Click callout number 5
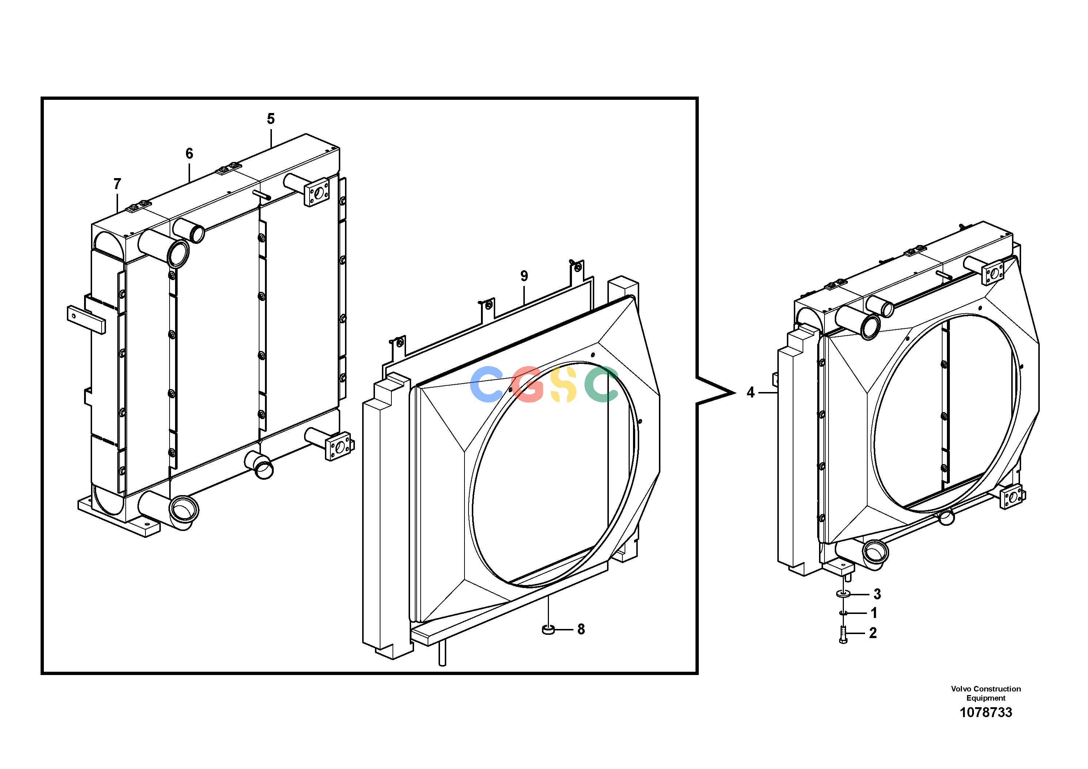click(270, 118)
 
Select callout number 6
click(189, 154)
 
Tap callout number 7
click(117, 184)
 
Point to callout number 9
click(524, 276)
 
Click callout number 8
click(581, 630)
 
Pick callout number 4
click(750, 393)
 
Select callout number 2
click(873, 633)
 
